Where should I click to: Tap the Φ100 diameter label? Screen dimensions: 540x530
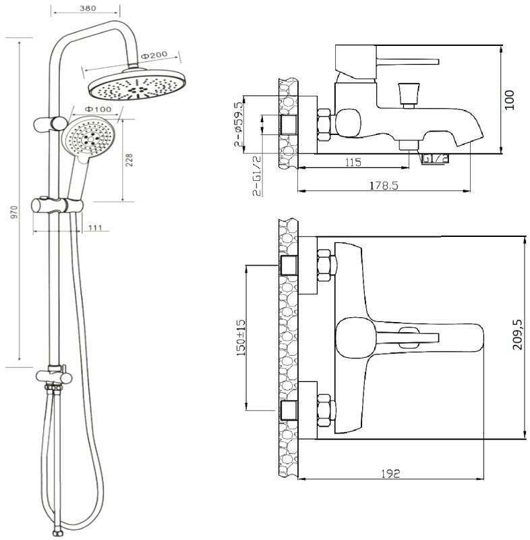pos(98,109)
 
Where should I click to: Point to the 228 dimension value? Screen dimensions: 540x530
pos(129,159)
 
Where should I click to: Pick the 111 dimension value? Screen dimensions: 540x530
pos(94,227)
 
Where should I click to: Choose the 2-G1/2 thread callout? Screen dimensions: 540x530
pos(257,176)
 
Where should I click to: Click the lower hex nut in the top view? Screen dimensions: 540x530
pos(324,408)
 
